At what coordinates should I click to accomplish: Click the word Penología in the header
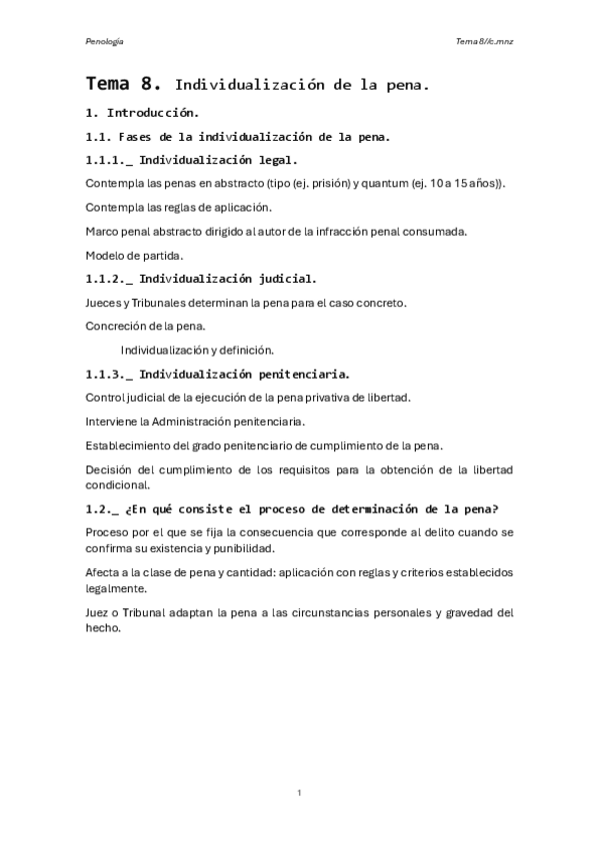[x=104, y=42]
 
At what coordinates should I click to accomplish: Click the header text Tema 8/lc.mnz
[x=484, y=42]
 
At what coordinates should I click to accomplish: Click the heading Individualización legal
[x=218, y=159]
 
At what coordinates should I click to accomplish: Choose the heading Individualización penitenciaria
[x=244, y=375]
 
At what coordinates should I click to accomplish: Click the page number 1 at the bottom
[x=299, y=792]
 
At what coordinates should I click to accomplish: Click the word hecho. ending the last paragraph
[x=102, y=629]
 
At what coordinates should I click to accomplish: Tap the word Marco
[x=102, y=231]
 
